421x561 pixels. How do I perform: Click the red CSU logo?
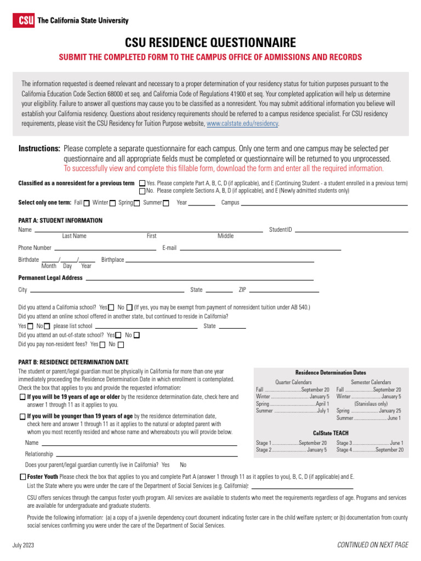click(x=24, y=20)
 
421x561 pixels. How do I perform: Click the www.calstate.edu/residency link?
click(x=242, y=124)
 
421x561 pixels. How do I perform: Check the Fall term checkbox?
click(x=87, y=203)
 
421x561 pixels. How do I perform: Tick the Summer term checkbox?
click(x=166, y=203)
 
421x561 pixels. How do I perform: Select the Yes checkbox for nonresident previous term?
click(x=143, y=183)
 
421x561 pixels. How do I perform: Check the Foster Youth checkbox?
click(x=22, y=477)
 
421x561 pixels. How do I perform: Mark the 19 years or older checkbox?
click(x=22, y=397)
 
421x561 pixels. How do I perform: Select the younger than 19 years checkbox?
click(x=22, y=416)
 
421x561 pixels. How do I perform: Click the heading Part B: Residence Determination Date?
click(x=73, y=362)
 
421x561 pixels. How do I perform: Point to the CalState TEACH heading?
click(x=331, y=433)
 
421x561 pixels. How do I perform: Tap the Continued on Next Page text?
click(x=373, y=545)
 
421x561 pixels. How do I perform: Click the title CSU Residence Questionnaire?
click(x=210, y=43)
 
